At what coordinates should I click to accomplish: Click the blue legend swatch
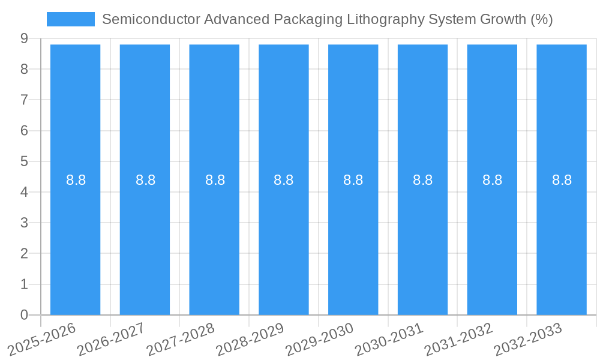70,19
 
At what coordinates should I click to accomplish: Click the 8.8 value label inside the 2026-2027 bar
145,180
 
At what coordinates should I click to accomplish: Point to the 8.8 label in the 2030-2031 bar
423,180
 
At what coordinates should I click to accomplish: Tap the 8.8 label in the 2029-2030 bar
353,180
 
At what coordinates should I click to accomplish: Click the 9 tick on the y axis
24,38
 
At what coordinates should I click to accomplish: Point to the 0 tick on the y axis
24,315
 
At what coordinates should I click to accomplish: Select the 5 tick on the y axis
24,161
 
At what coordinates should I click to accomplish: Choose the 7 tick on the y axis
24,100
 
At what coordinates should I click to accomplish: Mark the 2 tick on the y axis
24,253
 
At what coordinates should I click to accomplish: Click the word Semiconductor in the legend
151,19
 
